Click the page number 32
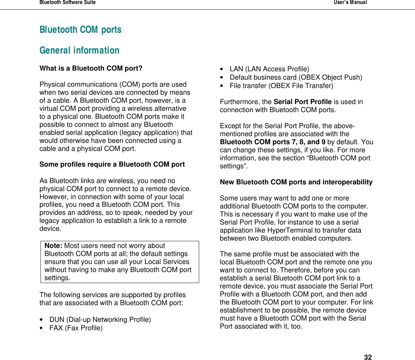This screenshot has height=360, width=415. tap(368, 357)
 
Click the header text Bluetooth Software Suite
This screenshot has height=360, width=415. tap(68, 3)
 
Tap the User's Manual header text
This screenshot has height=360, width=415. tap(350, 3)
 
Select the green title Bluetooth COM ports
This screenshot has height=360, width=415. tap(80, 30)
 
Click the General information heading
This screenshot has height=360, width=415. tap(79, 51)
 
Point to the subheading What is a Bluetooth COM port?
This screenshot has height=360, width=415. tap(91, 68)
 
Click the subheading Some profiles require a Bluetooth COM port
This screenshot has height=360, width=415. tap(112, 164)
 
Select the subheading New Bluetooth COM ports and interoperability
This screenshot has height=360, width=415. tap(296, 182)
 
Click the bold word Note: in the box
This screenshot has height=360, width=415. tap(54, 246)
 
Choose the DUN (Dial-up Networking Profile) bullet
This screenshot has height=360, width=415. tap(100, 320)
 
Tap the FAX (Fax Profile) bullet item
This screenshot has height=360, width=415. tap(76, 328)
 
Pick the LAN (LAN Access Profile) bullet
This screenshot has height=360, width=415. tap(269, 69)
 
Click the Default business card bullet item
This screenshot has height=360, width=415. tap(296, 77)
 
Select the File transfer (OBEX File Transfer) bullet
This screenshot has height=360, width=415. tap(281, 86)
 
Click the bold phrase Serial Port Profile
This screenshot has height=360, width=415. tap(303, 102)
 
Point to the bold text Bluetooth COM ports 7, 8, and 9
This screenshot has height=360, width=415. tap(272, 142)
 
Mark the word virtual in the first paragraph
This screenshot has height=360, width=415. tap(49, 108)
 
